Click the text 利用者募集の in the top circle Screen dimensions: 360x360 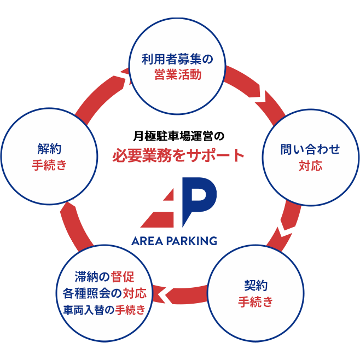point(176,59)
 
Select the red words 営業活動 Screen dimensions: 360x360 point(178,75)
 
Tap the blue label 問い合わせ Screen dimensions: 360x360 point(310,149)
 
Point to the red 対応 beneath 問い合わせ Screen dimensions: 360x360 point(310,165)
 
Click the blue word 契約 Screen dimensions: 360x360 point(256,286)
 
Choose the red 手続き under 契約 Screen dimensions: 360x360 point(256,302)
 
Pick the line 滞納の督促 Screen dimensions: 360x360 point(104,277)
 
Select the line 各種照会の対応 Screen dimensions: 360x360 point(104,293)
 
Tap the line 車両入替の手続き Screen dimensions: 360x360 point(104,310)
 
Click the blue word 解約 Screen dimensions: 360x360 point(49,148)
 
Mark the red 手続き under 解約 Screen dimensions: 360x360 point(49,165)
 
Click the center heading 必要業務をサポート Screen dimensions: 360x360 point(178,155)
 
